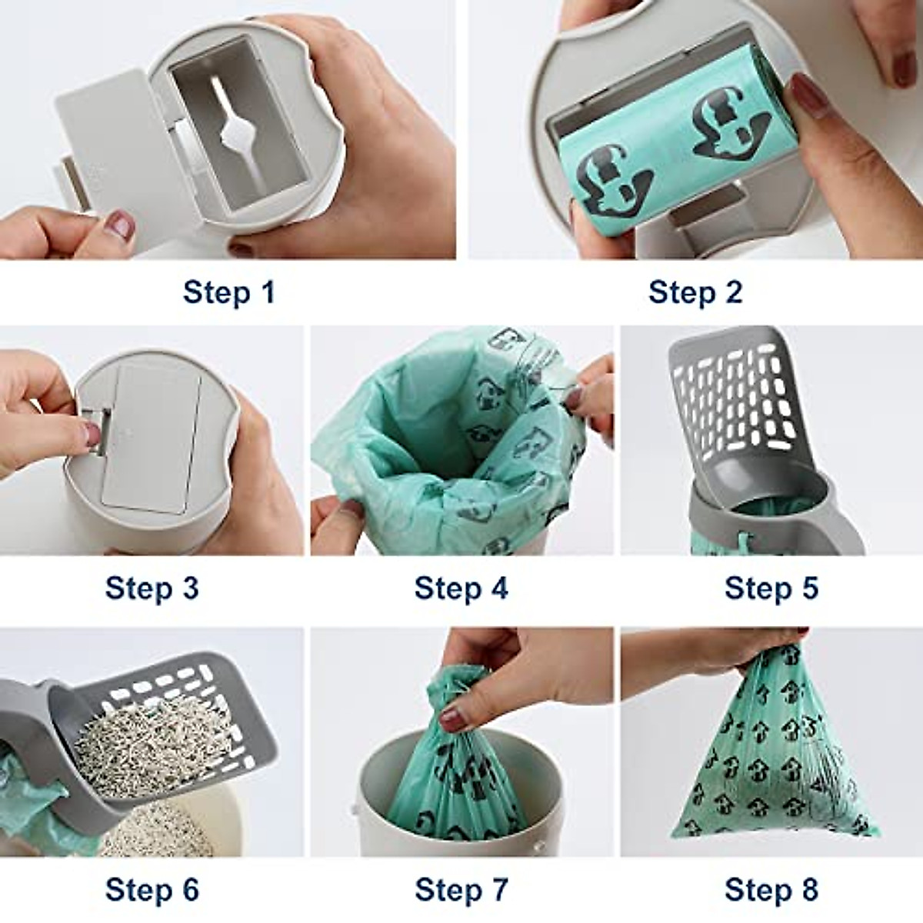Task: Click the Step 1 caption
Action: [228, 293]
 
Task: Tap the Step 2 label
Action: [695, 293]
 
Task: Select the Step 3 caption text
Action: [152, 588]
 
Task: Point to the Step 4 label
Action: [461, 589]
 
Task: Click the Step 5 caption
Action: [771, 588]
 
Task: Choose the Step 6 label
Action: [152, 890]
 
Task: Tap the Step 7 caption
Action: [461, 890]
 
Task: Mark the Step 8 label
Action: [771, 890]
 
